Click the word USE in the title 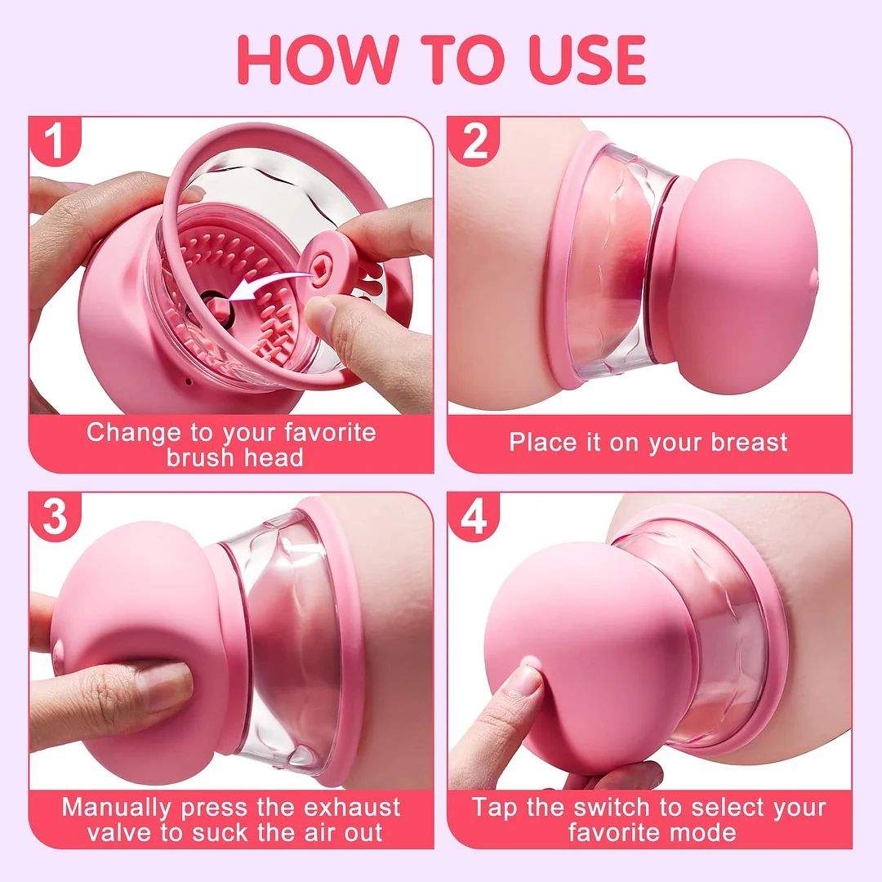click(x=571, y=59)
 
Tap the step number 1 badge click(x=55, y=141)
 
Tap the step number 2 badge click(x=474, y=141)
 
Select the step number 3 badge click(x=55, y=517)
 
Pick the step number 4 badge click(x=474, y=517)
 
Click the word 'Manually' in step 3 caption click(x=117, y=808)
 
